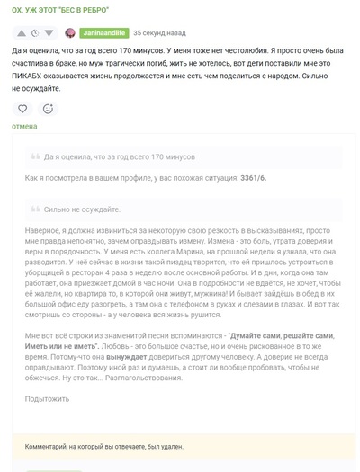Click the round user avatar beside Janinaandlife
tap(70, 32)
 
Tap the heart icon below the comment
tap(23, 108)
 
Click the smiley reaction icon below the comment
tap(48, 108)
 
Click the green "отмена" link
tap(25, 127)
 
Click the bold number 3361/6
tap(253, 178)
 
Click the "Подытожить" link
tap(47, 398)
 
